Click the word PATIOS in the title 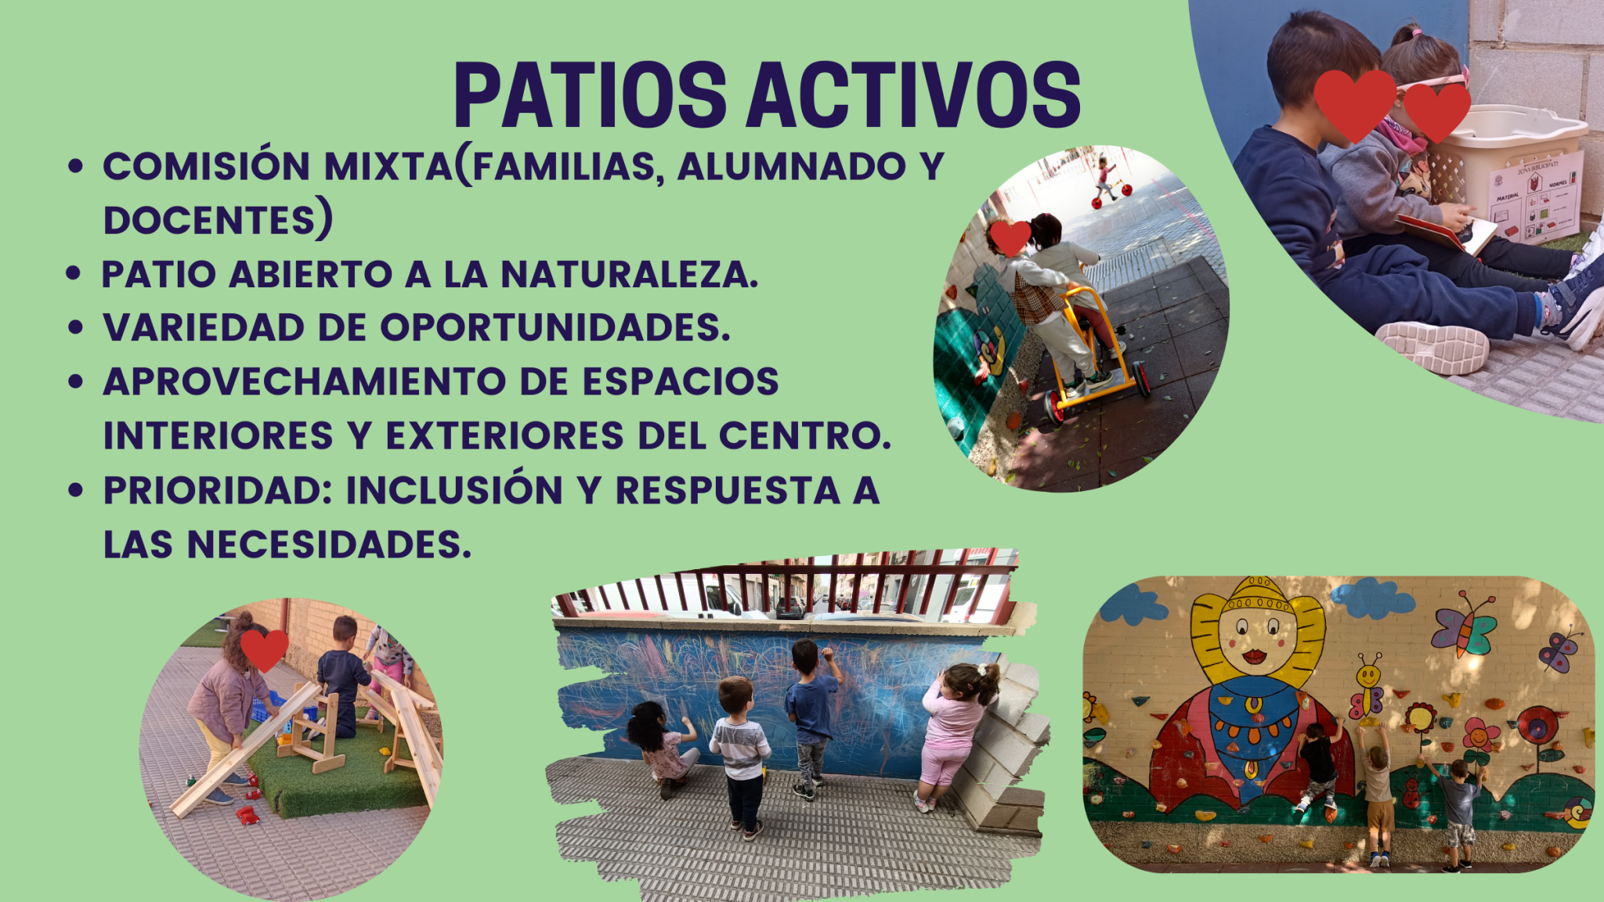(x=591, y=96)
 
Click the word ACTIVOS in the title (x=914, y=96)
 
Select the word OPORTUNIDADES (x=555, y=327)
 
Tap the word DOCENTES (x=209, y=220)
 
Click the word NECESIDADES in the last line (x=329, y=544)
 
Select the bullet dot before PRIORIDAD (x=75, y=491)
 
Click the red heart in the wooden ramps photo (x=264, y=650)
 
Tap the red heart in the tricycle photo (x=1010, y=238)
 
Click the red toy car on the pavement (x=248, y=815)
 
